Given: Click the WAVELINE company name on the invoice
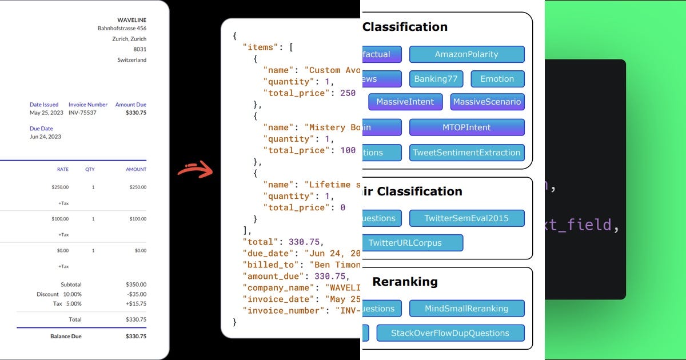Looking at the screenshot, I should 131,20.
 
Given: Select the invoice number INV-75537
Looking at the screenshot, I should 82,113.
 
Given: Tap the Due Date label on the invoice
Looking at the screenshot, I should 41,129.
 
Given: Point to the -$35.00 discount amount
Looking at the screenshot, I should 136,294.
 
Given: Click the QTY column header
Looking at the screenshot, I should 90,169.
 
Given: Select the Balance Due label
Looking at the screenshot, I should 66,337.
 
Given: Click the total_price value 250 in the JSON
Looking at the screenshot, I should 348,93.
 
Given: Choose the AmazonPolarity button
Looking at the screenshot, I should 466,54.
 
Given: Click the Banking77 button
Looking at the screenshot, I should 436,79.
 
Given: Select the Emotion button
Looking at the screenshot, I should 497,79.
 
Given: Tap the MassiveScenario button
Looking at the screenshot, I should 487,102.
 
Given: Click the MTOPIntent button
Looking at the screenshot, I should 466,127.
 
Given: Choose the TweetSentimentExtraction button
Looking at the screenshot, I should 466,153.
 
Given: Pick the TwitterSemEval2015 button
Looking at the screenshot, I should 466,218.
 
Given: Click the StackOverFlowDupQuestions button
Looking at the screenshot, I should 450,333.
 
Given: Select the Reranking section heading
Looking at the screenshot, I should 405,282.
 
